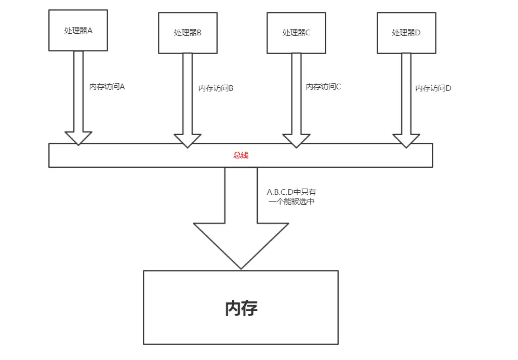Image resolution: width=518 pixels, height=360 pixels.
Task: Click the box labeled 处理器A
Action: pos(78,30)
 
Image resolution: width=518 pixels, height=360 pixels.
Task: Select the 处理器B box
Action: pos(188,32)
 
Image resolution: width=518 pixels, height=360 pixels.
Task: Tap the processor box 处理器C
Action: pos(296,32)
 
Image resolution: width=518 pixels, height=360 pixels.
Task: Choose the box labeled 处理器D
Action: pos(406,32)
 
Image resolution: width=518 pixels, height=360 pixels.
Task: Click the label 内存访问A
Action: pos(107,87)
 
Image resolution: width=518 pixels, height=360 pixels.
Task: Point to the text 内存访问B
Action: pos(216,88)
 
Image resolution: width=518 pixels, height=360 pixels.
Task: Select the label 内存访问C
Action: pos(323,87)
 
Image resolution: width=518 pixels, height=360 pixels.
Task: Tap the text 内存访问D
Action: pos(433,88)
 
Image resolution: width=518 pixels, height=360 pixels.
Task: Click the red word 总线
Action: pos(241,155)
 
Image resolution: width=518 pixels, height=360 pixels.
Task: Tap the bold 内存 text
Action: pos(241,308)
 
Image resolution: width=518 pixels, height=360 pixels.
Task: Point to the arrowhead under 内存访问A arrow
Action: pos(78,138)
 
